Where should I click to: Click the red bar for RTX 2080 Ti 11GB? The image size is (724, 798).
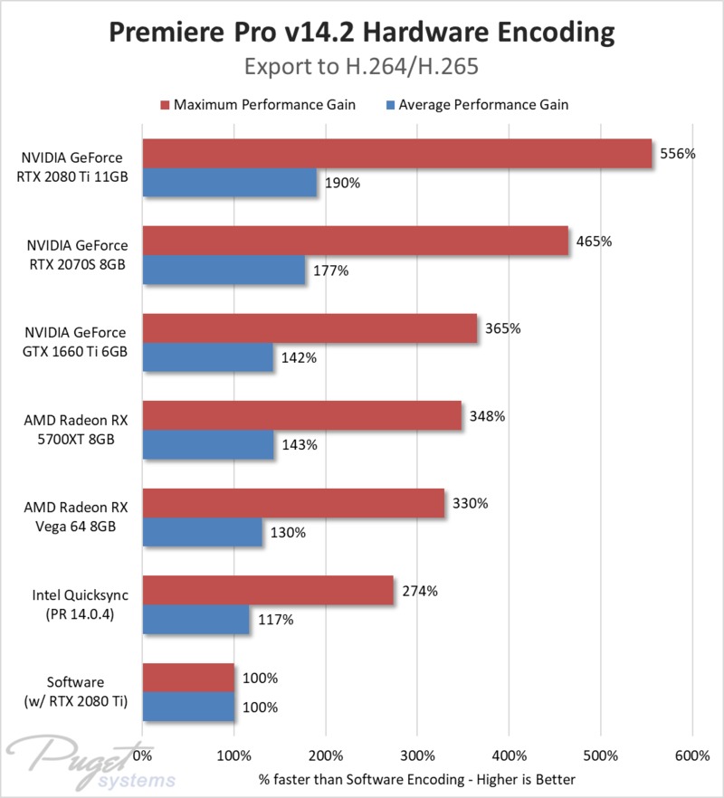[x=396, y=154]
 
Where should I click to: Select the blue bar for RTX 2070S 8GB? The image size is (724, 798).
[x=224, y=270]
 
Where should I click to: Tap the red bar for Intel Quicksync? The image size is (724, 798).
[x=268, y=591]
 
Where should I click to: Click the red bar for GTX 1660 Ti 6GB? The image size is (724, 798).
[x=310, y=328]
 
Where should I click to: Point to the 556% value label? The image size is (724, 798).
[x=677, y=154]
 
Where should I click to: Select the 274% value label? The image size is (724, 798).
[x=420, y=591]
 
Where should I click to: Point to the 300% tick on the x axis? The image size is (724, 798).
[x=417, y=755]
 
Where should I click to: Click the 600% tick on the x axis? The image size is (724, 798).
[x=692, y=755]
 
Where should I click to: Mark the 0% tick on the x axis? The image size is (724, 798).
[x=142, y=755]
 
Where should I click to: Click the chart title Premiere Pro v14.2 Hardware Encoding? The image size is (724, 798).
[x=362, y=33]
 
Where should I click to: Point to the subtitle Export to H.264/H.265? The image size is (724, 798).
[x=362, y=67]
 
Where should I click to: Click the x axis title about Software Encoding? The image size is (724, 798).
[x=417, y=778]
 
